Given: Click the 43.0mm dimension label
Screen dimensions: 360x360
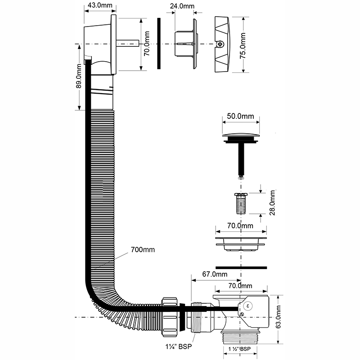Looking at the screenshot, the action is coord(100,5).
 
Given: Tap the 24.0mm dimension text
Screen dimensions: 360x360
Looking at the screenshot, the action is coord(182,6).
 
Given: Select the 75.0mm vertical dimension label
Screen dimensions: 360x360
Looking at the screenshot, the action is coord(243,45).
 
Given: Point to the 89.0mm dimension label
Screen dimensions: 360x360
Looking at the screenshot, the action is coord(79,76).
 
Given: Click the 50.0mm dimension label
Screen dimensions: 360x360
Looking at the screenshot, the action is coord(240,116).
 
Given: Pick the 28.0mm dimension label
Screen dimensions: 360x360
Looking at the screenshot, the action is coord(272,202).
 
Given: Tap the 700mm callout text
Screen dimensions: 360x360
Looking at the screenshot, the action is coord(143,250).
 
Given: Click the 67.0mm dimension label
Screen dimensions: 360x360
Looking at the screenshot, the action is coord(215,274).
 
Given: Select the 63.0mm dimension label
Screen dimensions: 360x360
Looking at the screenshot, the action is coord(278,317).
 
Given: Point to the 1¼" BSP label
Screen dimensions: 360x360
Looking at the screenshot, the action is coord(179,346).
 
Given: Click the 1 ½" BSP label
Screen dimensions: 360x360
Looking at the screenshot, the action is coord(239,349).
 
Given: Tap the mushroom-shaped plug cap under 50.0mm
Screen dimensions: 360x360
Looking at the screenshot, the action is coord(241,138).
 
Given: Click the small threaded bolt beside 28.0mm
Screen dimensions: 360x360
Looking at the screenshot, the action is coord(241,203).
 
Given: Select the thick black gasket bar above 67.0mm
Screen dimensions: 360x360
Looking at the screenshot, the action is coord(241,267).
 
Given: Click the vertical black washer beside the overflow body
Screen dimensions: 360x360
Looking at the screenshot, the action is coord(159,43).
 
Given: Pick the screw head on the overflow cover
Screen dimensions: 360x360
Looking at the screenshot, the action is coord(220,44).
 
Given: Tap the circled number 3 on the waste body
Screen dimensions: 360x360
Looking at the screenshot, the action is coord(248,306).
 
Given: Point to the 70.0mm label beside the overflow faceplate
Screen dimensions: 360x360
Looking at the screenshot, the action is coord(147,43).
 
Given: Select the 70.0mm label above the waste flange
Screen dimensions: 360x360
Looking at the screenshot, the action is coord(240,226).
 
